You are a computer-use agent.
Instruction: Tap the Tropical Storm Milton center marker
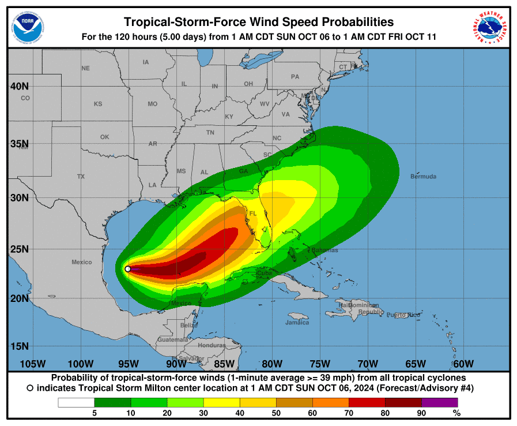pyautogui.click(x=128, y=268)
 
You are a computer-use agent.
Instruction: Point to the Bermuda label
pyautogui.click(x=423, y=177)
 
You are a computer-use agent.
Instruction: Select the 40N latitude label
pyautogui.click(x=20, y=86)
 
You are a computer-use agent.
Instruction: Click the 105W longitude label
pyautogui.click(x=32, y=364)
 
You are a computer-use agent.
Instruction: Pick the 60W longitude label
pyautogui.click(x=463, y=364)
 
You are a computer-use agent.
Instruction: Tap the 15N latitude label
pyautogui.click(x=20, y=346)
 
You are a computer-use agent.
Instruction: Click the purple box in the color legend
pyautogui.click(x=439, y=402)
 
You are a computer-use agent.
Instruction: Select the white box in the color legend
pyautogui.click(x=76, y=402)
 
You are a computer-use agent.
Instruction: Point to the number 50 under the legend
pyautogui.click(x=276, y=413)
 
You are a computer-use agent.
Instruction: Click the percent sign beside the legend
pyautogui.click(x=456, y=413)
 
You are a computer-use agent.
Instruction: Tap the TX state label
pyautogui.click(x=81, y=177)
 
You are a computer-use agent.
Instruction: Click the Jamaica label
pyautogui.click(x=297, y=322)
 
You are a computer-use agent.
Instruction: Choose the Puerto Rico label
pyautogui.click(x=403, y=315)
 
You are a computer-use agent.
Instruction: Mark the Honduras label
pyautogui.click(x=212, y=345)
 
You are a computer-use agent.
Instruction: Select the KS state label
pyautogui.click(x=98, y=104)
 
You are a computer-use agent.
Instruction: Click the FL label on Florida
pyautogui.click(x=252, y=214)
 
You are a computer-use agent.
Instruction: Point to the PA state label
pyautogui.click(x=295, y=76)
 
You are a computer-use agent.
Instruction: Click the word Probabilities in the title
pyautogui.click(x=346, y=22)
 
